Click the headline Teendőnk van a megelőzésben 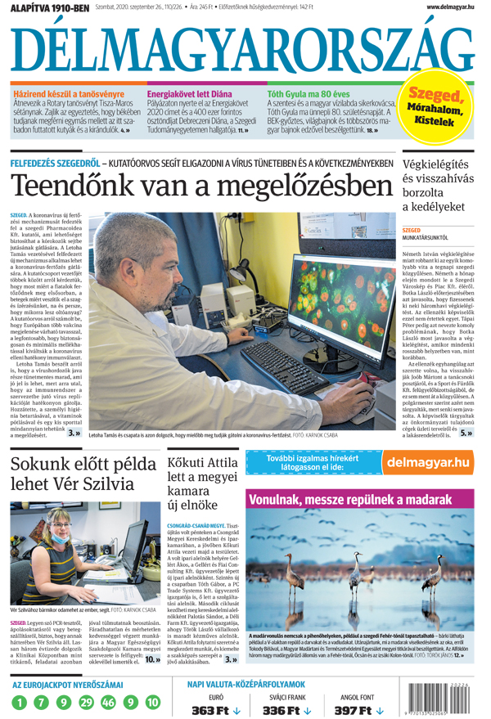click(201, 186)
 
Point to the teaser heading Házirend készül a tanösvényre click(61, 93)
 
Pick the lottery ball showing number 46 click(109, 702)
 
